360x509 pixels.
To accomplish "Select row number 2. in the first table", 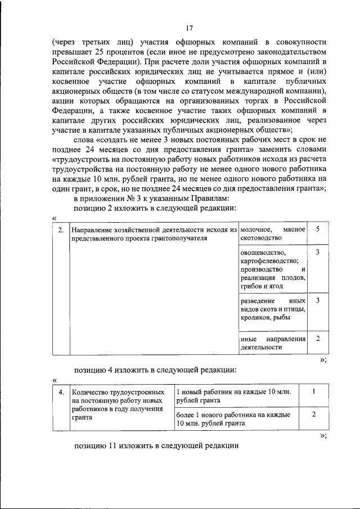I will [60, 229].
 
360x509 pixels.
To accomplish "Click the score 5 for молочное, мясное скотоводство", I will [318, 229].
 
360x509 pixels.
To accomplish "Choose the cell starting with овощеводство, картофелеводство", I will [272, 269].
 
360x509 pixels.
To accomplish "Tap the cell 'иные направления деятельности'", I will [272, 343].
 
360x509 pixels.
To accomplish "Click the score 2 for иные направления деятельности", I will [318, 339].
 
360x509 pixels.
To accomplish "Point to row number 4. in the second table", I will [60, 391].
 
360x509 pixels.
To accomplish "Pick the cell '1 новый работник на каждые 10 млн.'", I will [233, 395].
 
